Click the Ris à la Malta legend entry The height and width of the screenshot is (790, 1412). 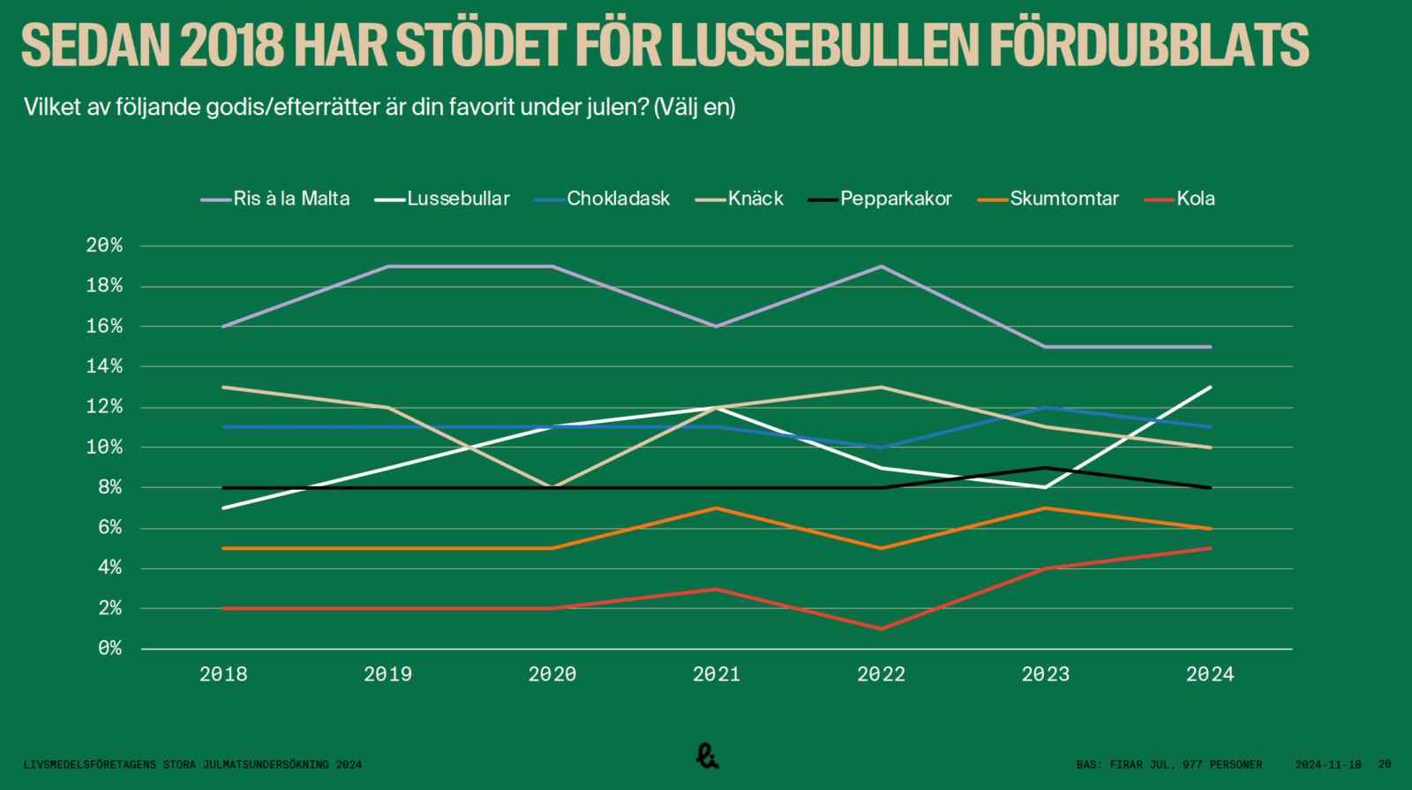pyautogui.click(x=275, y=199)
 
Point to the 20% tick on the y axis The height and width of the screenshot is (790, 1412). pyautogui.click(x=104, y=245)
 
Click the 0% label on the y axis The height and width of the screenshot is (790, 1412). pyautogui.click(x=109, y=649)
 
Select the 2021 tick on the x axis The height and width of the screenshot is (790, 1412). pyautogui.click(x=717, y=674)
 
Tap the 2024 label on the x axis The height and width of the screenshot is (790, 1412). pyautogui.click(x=1210, y=674)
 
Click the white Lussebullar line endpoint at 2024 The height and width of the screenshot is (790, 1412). pyautogui.click(x=1210, y=387)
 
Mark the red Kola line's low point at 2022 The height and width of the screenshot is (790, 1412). pyautogui.click(x=881, y=628)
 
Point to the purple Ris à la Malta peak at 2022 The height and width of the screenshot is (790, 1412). pyautogui.click(x=881, y=266)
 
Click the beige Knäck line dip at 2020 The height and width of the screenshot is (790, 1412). pyautogui.click(x=552, y=487)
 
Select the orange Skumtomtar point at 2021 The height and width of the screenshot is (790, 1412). pyautogui.click(x=717, y=508)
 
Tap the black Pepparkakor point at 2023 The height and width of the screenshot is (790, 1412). pyautogui.click(x=1046, y=468)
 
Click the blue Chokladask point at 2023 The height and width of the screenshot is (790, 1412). pyautogui.click(x=1046, y=407)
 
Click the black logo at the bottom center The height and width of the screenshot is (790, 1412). pyautogui.click(x=707, y=756)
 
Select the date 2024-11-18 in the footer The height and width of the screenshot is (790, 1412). pyautogui.click(x=1328, y=764)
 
